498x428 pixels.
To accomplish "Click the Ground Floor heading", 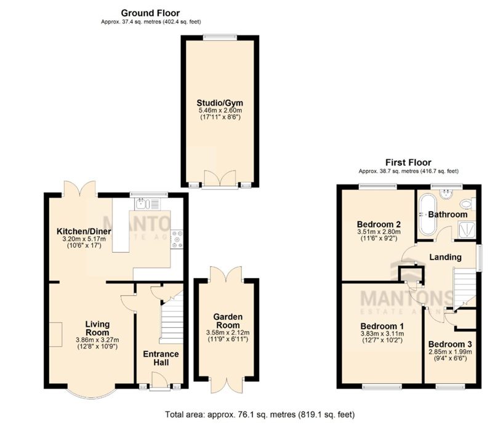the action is (x=150, y=13).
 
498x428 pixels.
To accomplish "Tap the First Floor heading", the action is (x=408, y=162).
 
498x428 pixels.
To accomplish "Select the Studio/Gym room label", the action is (x=220, y=103).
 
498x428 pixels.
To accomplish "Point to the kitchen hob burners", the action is (x=177, y=239).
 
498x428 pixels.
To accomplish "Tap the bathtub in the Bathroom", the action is (x=428, y=214).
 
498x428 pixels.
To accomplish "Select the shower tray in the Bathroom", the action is (x=467, y=230).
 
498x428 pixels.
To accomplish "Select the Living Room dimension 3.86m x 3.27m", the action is (x=97, y=340).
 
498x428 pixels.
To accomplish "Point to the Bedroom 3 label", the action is (x=450, y=344).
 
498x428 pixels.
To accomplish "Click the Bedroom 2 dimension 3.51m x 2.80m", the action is (x=379, y=232).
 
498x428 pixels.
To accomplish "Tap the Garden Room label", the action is (x=228, y=321).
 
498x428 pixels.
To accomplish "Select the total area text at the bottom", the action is (x=260, y=414).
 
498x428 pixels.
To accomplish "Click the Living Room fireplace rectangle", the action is (x=55, y=335).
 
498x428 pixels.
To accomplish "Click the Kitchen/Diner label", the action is (x=84, y=231).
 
